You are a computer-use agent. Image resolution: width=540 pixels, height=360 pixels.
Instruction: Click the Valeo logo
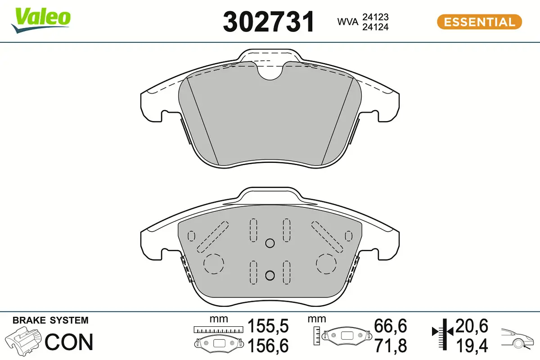(41, 20)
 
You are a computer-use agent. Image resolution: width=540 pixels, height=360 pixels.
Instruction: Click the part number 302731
(269, 22)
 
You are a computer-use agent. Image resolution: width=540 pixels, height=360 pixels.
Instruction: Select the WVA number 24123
(375, 17)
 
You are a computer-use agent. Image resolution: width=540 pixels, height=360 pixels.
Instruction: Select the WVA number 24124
(375, 27)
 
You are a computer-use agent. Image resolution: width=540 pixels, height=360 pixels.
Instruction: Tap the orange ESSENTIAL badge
(479, 22)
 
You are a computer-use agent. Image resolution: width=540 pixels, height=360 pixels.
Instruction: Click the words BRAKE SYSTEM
(50, 320)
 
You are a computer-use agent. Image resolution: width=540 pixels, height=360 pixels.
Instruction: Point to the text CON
(69, 342)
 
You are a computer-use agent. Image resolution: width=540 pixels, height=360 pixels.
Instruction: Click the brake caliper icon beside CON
(23, 340)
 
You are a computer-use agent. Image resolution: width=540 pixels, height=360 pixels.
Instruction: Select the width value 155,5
(268, 326)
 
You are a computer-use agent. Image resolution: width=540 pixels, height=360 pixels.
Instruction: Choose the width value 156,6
(268, 346)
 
